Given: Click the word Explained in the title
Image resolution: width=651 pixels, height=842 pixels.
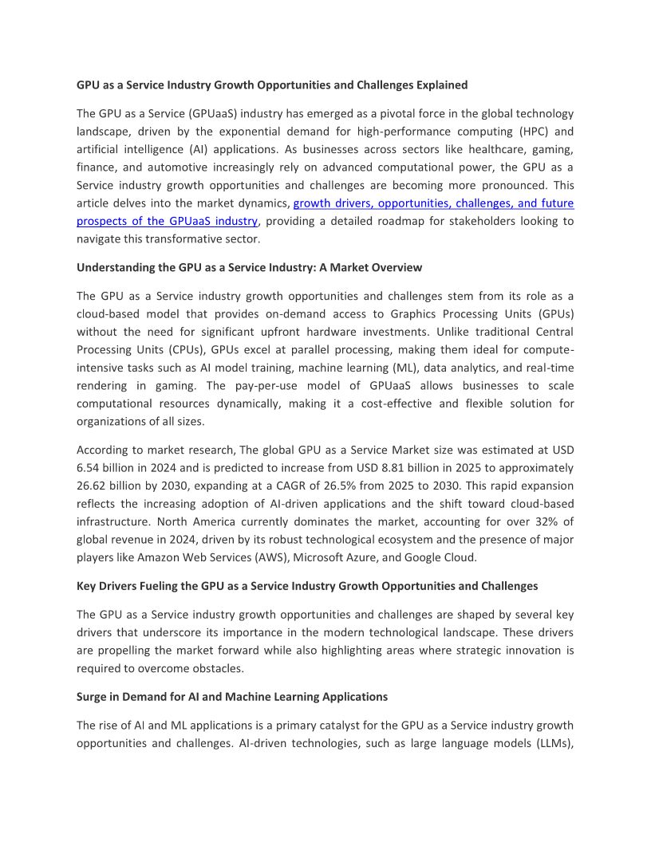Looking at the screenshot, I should coord(438,85).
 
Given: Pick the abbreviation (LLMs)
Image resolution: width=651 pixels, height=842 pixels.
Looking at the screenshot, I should coord(550,743).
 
